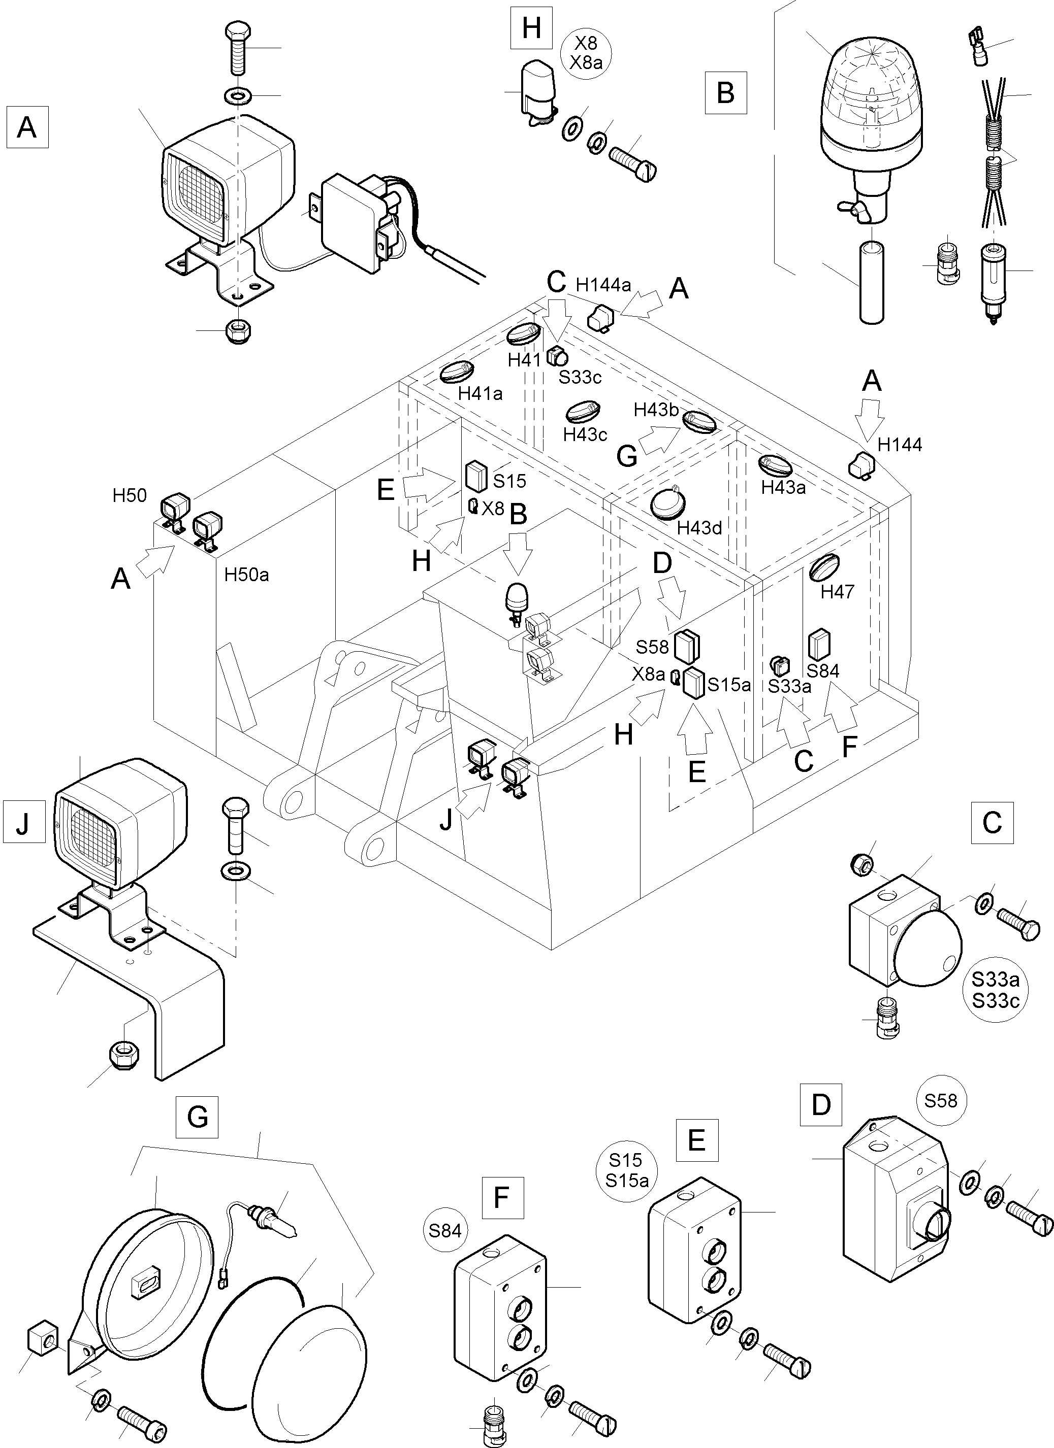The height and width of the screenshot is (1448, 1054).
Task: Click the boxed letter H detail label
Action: tap(531, 29)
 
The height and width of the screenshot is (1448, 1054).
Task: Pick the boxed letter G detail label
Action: tap(198, 1117)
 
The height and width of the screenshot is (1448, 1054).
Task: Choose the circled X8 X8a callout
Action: tap(586, 52)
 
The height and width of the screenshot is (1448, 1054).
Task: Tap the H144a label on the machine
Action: tap(603, 285)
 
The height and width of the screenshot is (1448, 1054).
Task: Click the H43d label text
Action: tap(699, 528)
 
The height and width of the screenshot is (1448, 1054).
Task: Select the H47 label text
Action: tap(838, 592)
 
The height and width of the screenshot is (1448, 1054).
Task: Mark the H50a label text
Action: tap(246, 575)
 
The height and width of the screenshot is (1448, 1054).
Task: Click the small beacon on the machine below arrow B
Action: tap(516, 598)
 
